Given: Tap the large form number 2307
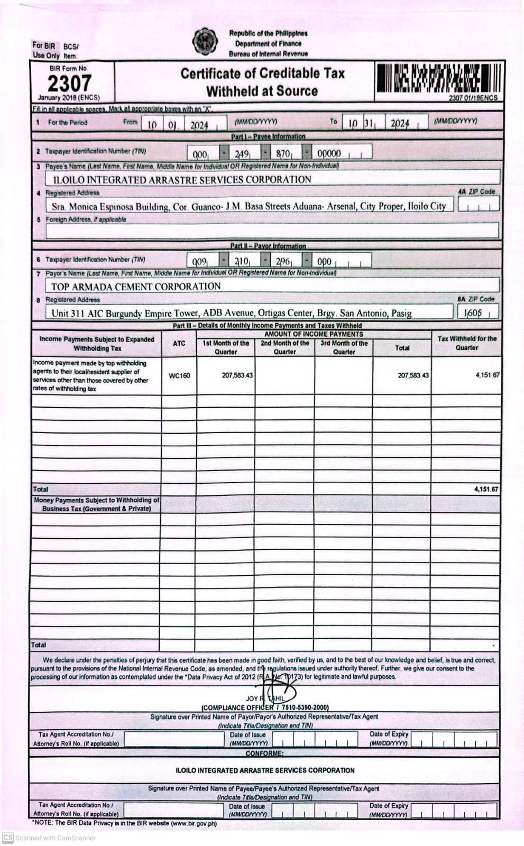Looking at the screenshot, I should (69, 83).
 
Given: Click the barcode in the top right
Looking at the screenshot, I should (437, 79).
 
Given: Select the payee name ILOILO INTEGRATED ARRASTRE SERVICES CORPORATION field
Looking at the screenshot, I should (181, 179).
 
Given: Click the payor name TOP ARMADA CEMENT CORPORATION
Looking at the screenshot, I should (136, 287).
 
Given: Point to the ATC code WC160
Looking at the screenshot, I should (179, 376).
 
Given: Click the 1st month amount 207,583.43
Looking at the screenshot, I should (237, 375).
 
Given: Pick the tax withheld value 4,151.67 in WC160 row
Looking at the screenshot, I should (487, 375).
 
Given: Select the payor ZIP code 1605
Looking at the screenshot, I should (473, 312).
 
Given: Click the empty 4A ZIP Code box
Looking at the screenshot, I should (478, 205).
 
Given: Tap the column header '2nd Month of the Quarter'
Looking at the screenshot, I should (284, 347).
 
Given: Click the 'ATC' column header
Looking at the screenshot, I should (179, 344).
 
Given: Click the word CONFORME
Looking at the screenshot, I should (264, 753).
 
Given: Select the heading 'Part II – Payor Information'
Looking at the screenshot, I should (268, 246).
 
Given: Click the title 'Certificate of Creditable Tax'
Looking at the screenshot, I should (262, 73).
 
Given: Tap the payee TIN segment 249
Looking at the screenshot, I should (242, 154).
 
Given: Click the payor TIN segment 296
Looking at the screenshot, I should (283, 261).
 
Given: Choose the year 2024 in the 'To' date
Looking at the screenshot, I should (400, 124).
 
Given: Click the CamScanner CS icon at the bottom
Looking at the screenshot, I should (7, 838).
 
